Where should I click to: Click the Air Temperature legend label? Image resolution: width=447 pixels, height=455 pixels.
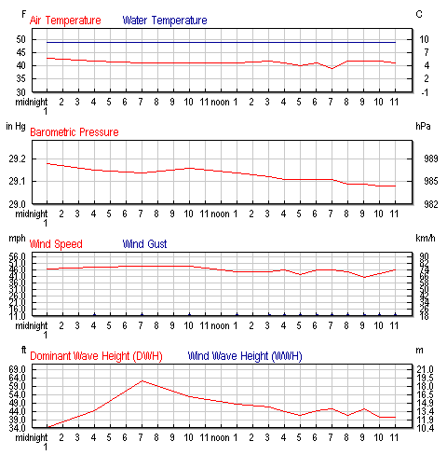pos(65,20)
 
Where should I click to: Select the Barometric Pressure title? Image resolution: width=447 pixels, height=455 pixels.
pos(74,132)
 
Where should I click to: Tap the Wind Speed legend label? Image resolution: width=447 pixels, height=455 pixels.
pos(56,243)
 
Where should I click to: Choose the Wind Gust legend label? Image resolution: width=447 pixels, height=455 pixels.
pos(149,243)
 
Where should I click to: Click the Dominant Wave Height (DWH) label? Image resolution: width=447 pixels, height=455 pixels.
pos(96,355)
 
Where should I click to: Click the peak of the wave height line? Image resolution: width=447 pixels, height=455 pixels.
pos(142,380)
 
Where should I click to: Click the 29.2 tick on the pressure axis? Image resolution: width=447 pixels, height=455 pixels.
pos(20,159)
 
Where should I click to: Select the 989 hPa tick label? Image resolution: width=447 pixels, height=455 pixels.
pos(419,159)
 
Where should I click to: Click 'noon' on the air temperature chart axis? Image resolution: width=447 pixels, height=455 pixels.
pos(221,101)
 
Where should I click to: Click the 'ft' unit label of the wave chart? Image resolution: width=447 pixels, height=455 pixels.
pos(12,350)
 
